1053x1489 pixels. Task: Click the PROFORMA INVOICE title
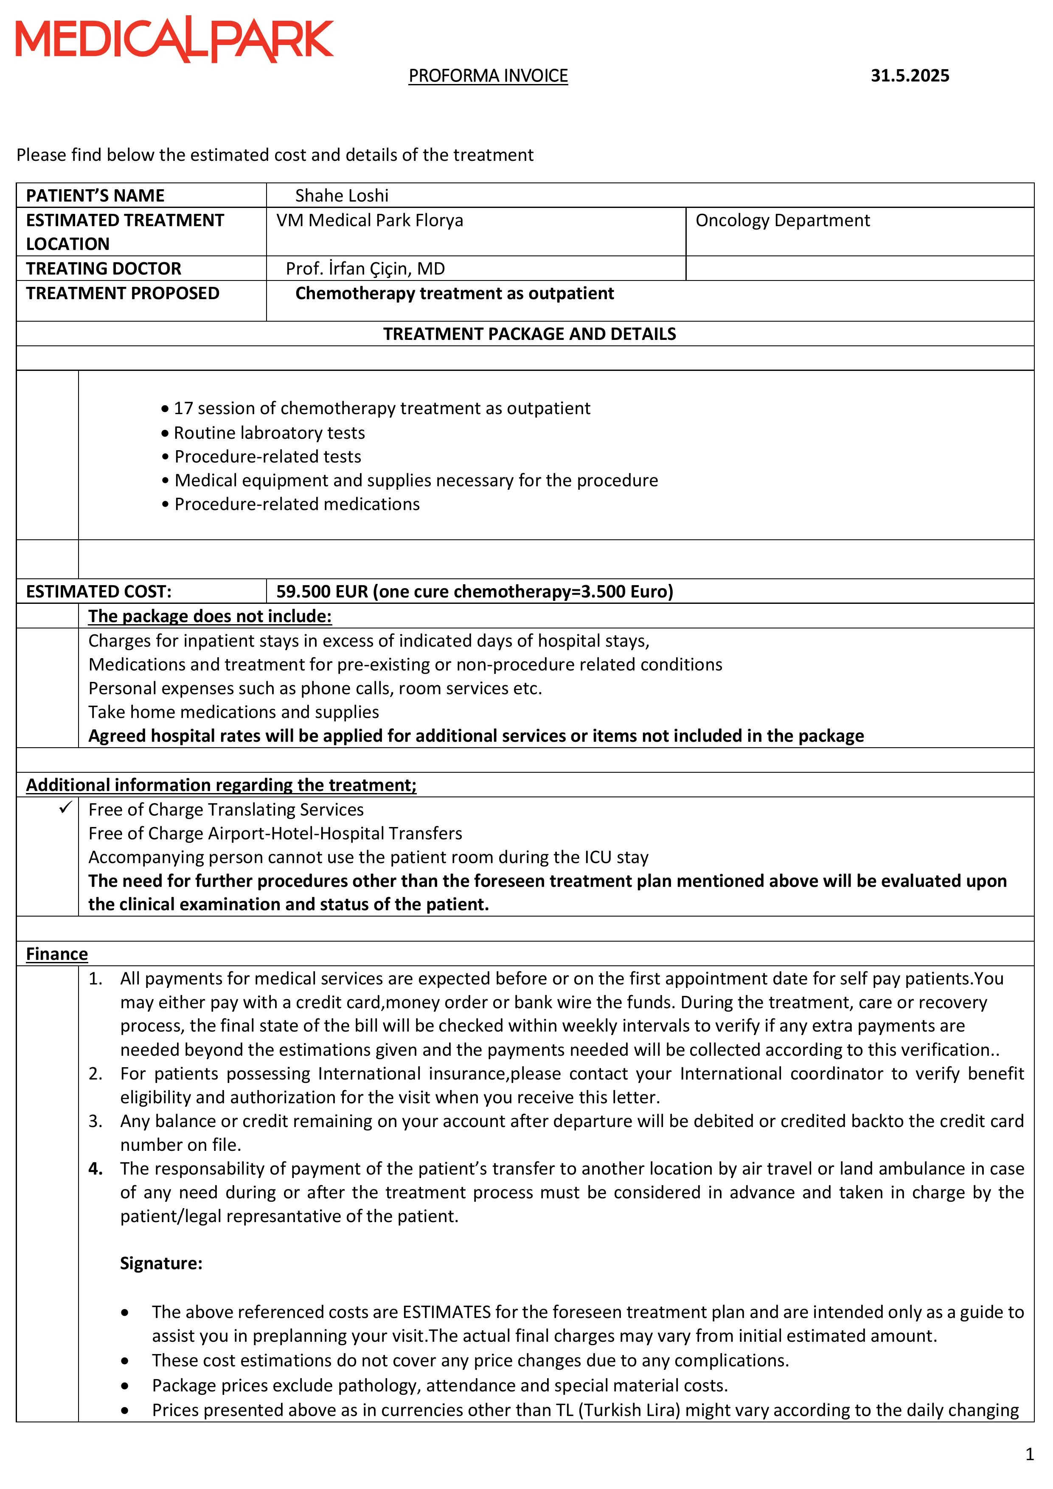pos(488,76)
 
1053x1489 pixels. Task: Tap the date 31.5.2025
pos(910,76)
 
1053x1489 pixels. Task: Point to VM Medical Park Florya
pos(369,221)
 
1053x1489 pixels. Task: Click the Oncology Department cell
pos(783,221)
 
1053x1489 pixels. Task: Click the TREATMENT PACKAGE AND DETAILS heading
pos(529,334)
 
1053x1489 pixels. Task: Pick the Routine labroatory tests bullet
pos(269,432)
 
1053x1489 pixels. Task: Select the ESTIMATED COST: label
pos(98,592)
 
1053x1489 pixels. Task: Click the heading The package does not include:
pos(210,616)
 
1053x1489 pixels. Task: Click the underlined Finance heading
pos(56,954)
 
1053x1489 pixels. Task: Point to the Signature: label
pos(161,1263)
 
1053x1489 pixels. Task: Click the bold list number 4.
pos(95,1169)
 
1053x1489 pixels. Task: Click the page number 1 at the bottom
pos(1029,1455)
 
